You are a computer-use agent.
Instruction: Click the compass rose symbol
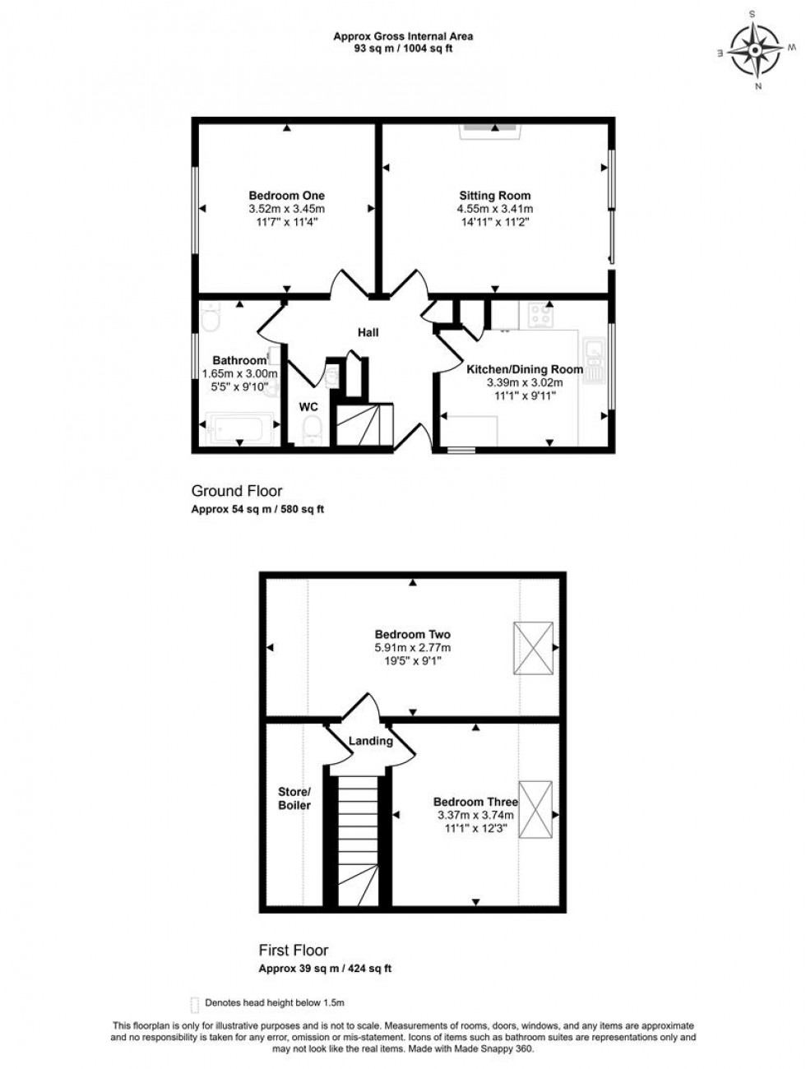click(755, 49)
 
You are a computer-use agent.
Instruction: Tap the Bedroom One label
click(286, 196)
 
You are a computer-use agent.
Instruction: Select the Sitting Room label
click(494, 196)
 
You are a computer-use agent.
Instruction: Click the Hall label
click(368, 332)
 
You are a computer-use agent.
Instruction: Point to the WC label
click(308, 406)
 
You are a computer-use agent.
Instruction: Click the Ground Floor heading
click(226, 491)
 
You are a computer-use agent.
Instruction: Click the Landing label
click(370, 741)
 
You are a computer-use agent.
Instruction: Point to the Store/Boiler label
click(294, 798)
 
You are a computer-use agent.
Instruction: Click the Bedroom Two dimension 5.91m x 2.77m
click(412, 648)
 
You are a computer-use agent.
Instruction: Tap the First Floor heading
click(294, 951)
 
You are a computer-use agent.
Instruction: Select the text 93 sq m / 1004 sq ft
click(402, 48)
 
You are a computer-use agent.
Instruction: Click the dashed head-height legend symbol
click(194, 1003)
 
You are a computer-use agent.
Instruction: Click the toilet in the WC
click(312, 428)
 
